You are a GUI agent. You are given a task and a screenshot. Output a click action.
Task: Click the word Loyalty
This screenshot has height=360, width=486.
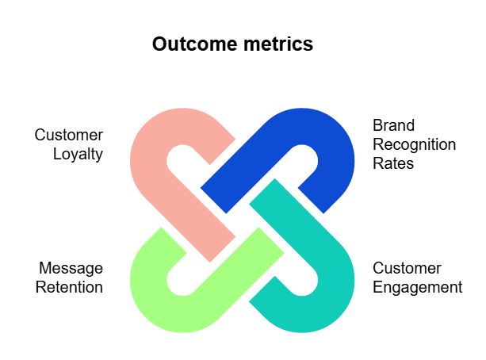click(78, 155)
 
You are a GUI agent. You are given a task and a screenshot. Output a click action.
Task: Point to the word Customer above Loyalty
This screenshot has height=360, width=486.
click(68, 136)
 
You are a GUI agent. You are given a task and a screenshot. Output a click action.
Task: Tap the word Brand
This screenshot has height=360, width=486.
click(394, 126)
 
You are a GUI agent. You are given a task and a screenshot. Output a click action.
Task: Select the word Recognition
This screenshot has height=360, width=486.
click(415, 145)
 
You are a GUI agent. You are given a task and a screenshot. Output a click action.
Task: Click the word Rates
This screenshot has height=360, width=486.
click(393, 163)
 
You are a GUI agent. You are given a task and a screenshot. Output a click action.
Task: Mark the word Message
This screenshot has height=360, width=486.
click(70, 268)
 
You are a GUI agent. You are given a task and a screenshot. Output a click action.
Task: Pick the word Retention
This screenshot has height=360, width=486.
click(70, 287)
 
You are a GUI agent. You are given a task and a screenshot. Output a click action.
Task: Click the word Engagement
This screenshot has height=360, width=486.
click(417, 287)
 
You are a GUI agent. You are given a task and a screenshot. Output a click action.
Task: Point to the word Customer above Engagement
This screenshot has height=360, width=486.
click(407, 268)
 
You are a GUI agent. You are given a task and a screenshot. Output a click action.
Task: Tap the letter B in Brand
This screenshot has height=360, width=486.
click(377, 126)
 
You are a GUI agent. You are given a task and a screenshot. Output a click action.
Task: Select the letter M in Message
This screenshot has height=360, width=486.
click(43, 268)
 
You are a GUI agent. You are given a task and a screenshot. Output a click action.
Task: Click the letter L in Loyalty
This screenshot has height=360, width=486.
click(57, 155)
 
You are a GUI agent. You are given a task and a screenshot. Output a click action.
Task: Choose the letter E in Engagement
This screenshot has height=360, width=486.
click(377, 287)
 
